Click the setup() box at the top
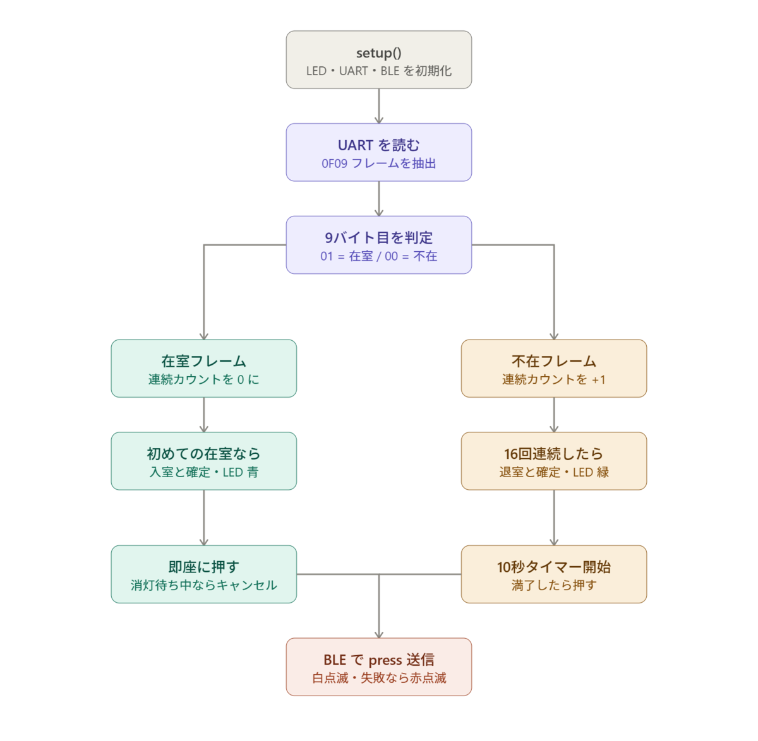pyautogui.click(x=378, y=59)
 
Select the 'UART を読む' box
pyautogui.click(x=378, y=152)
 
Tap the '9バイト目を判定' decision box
pyautogui.click(x=378, y=245)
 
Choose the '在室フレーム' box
pyautogui.click(x=204, y=368)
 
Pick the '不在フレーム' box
pyautogui.click(x=554, y=368)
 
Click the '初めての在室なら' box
pyautogui.click(x=204, y=461)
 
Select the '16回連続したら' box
pyautogui.click(x=554, y=461)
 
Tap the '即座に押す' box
pyautogui.click(x=204, y=574)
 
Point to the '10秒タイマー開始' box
pyautogui.click(x=554, y=574)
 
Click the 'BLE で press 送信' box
pyautogui.click(x=378, y=667)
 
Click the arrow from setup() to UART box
pyautogui.click(x=378, y=106)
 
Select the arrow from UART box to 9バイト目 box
pyautogui.click(x=378, y=198)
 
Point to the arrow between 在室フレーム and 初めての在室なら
pyautogui.click(x=204, y=415)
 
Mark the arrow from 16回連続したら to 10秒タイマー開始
pyautogui.click(x=554, y=518)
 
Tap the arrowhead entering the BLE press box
pyautogui.click(x=378, y=635)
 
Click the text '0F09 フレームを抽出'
pyautogui.click(x=378, y=163)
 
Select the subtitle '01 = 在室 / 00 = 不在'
pyautogui.click(x=378, y=256)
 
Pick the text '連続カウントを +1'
pyautogui.click(x=553, y=379)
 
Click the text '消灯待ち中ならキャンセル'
pyautogui.click(x=204, y=585)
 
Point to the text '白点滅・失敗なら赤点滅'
pyautogui.click(x=378, y=677)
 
